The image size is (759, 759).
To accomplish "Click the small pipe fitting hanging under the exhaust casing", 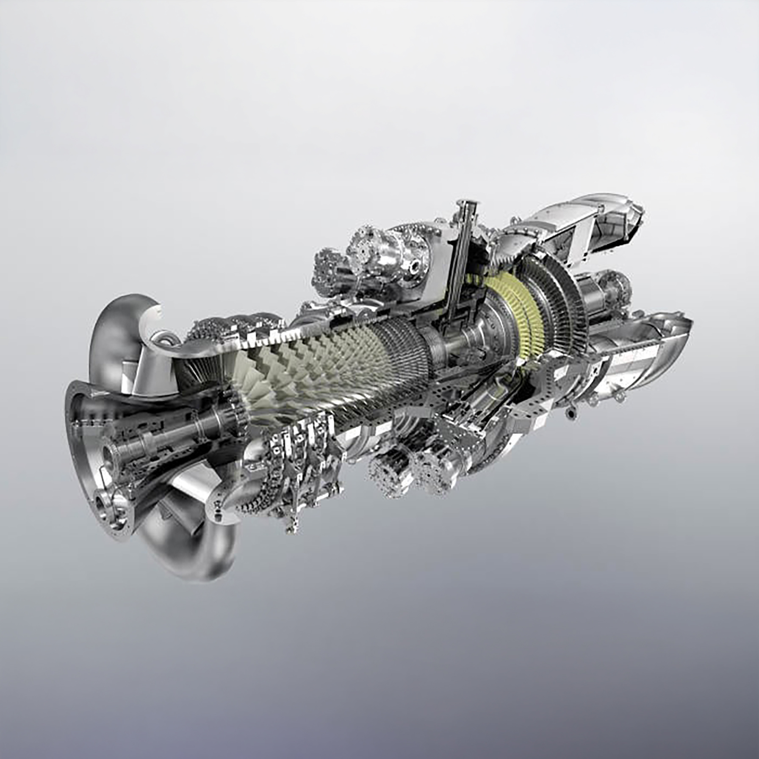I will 572,413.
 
